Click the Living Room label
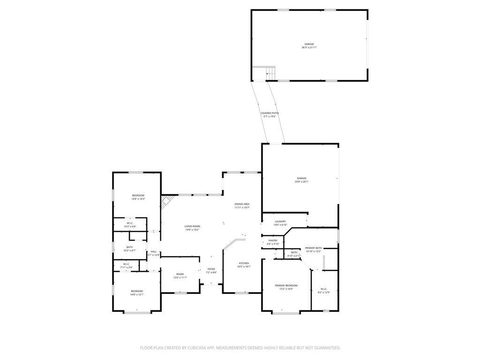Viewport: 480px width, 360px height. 192,226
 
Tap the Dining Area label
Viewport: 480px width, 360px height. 242,204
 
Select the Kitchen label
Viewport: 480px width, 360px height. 244,263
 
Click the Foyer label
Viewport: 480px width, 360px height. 211,269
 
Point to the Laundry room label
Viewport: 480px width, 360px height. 280,221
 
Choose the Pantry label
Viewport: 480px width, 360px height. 273,240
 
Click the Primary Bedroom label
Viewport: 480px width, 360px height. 286,285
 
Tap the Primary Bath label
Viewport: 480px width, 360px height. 313,248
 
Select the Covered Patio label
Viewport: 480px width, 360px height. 270,113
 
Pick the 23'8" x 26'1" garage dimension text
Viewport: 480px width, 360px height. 301,181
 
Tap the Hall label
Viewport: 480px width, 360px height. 154,252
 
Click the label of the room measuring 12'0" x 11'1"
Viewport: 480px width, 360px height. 180,274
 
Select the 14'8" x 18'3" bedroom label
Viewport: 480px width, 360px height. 138,195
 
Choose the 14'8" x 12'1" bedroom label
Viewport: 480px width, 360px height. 137,291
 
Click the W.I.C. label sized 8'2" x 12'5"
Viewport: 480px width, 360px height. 324,289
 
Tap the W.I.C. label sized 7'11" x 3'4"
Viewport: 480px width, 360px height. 127,264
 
